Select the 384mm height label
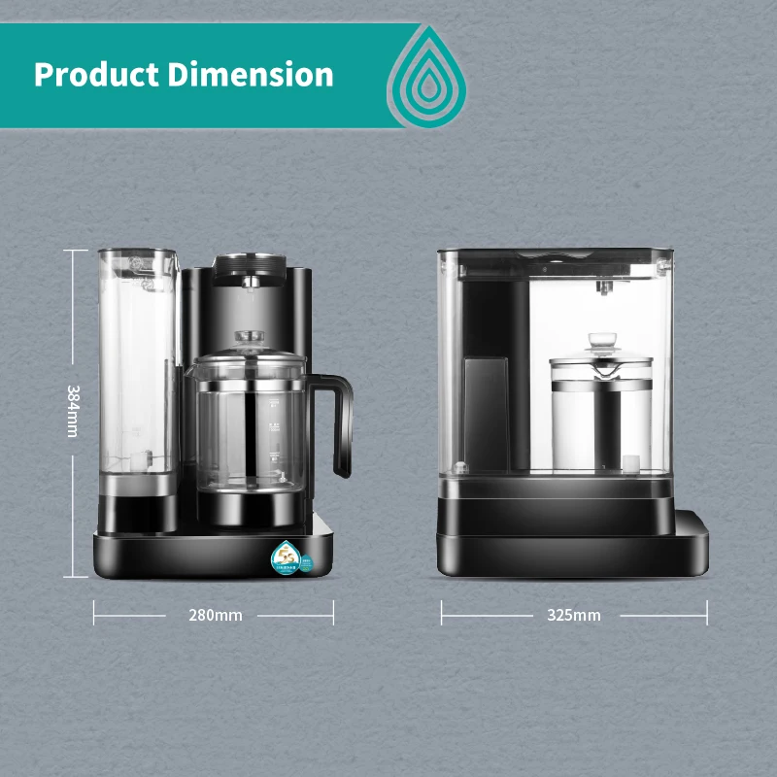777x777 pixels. coord(73,411)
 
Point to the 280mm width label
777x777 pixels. coord(215,615)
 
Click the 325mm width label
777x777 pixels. coord(574,615)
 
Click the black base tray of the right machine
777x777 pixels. coord(573,544)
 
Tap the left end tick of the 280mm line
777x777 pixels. coord(94,612)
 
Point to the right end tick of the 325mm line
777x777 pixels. coord(707,612)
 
